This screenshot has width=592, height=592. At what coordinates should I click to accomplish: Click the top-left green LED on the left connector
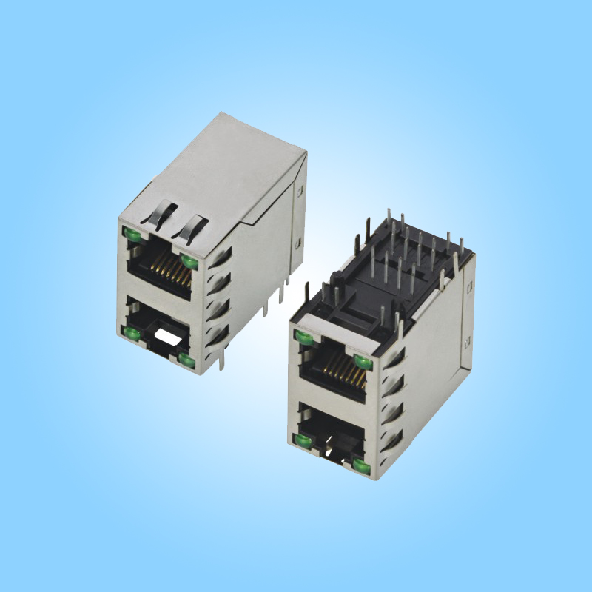(133, 236)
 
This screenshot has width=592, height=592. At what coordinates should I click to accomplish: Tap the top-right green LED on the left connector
(189, 261)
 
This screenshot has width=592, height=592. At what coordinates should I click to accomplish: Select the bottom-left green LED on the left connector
(132, 334)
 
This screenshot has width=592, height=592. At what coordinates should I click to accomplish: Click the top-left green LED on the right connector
(303, 338)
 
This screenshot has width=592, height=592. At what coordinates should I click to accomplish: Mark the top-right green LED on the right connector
(363, 360)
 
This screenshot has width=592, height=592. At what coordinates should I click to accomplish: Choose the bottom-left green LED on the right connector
(302, 443)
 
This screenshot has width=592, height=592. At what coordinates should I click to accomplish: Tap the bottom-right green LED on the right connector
(362, 465)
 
